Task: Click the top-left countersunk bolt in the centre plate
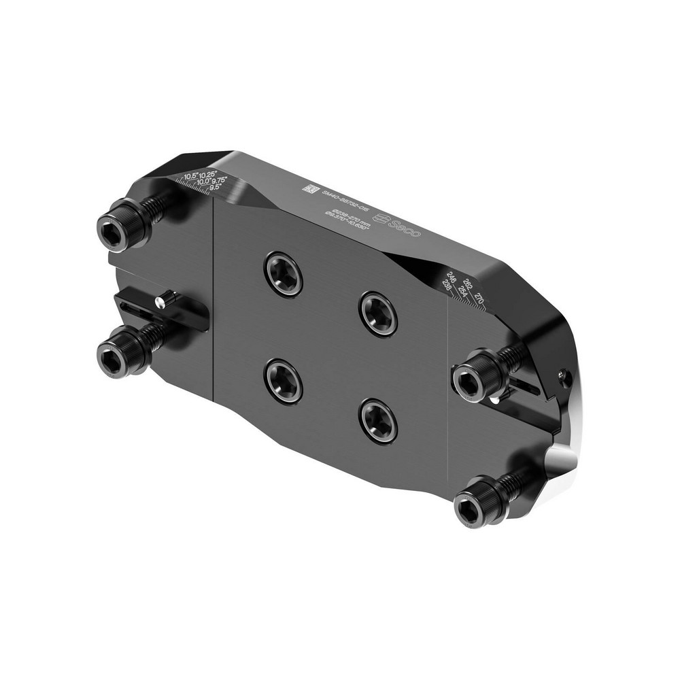click(284, 273)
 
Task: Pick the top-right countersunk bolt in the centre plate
click(379, 313)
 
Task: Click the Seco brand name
click(407, 228)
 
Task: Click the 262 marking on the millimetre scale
click(468, 283)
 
